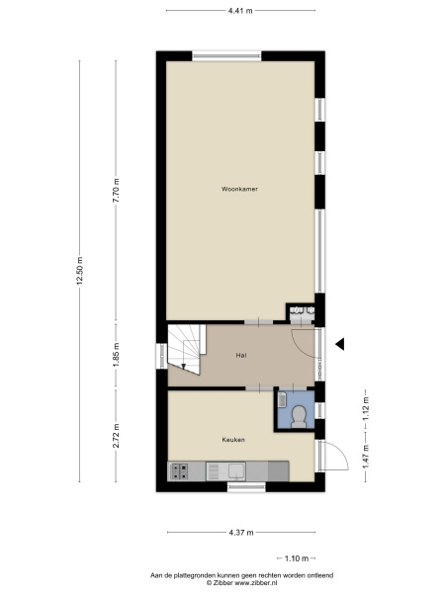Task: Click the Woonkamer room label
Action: (x=239, y=189)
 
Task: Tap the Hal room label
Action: (x=241, y=355)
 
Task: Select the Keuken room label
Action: (x=233, y=440)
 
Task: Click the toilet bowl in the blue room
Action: (x=299, y=416)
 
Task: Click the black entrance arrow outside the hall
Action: (x=340, y=344)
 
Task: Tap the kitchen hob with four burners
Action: (x=179, y=471)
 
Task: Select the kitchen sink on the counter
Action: (x=236, y=471)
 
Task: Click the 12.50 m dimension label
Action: (x=79, y=270)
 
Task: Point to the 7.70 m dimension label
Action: (x=116, y=190)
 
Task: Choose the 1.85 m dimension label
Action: (x=116, y=355)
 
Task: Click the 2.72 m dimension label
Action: (x=116, y=435)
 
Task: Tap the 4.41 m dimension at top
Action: (x=240, y=11)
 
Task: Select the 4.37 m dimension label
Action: (x=241, y=533)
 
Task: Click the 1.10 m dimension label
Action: (x=297, y=558)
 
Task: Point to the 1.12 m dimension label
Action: (x=366, y=408)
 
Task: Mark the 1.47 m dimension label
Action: (x=366, y=456)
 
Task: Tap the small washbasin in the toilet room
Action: (x=282, y=399)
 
